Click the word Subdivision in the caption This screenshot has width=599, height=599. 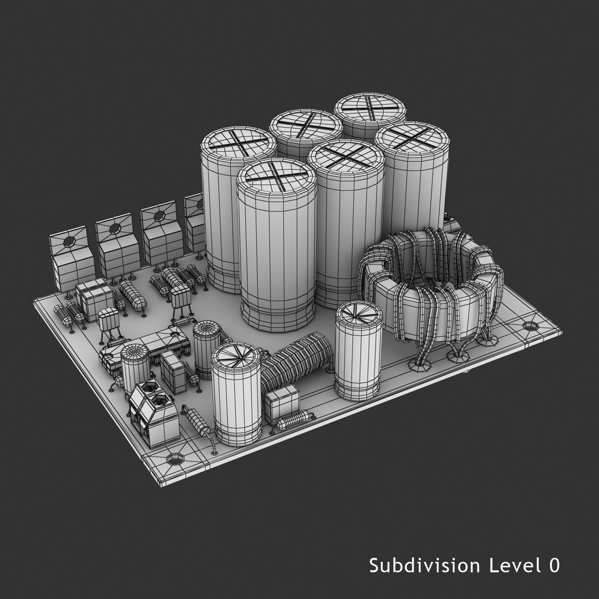[x=425, y=566]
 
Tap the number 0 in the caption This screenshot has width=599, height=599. [x=553, y=566]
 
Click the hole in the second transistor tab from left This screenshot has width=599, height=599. [x=115, y=228]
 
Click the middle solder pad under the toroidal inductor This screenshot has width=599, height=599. [x=459, y=356]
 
